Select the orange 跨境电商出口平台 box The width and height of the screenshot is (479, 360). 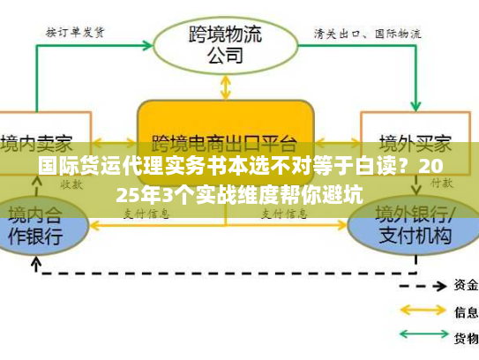pos(226,132)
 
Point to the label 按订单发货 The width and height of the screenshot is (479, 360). pos(75,33)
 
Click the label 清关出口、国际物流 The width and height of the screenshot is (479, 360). pos(367,34)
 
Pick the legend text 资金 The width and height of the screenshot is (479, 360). pos(466,285)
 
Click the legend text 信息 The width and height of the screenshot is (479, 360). pos(466,311)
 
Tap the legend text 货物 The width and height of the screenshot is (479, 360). pos(466,338)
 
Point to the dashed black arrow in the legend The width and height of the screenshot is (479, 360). pos(423,285)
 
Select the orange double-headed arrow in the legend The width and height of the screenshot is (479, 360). pos(423,311)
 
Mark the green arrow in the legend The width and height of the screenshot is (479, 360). pos(423,337)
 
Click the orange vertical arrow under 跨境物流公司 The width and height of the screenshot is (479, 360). pos(226,86)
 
